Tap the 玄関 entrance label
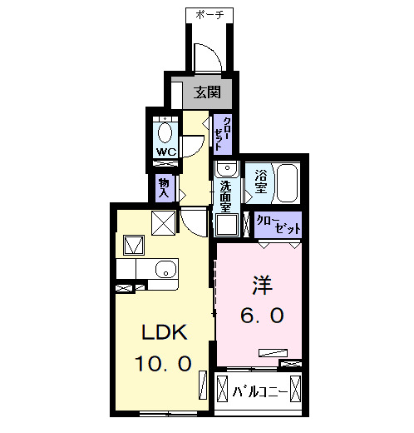(208, 92)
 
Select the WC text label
(165, 152)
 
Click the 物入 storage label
(163, 187)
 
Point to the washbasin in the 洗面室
(225, 170)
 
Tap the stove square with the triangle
(133, 246)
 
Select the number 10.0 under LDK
(164, 364)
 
